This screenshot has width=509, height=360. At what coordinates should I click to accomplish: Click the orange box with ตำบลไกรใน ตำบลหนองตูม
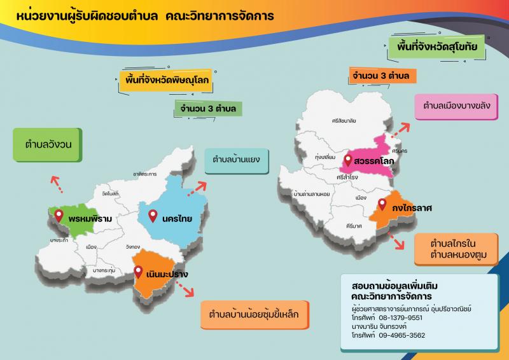(x=454, y=249)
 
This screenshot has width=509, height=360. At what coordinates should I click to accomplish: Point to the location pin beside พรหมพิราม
(x=59, y=216)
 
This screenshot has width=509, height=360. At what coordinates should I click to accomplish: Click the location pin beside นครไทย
(x=153, y=216)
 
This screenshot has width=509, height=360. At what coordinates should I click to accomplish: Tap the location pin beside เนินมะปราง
(x=139, y=272)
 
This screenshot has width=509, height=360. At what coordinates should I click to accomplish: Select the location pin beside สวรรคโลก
(x=348, y=160)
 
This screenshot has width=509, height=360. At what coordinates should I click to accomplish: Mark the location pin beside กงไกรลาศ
(x=382, y=204)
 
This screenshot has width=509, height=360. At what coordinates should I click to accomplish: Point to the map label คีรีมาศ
(x=354, y=226)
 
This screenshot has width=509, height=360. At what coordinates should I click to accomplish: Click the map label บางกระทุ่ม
(x=104, y=270)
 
